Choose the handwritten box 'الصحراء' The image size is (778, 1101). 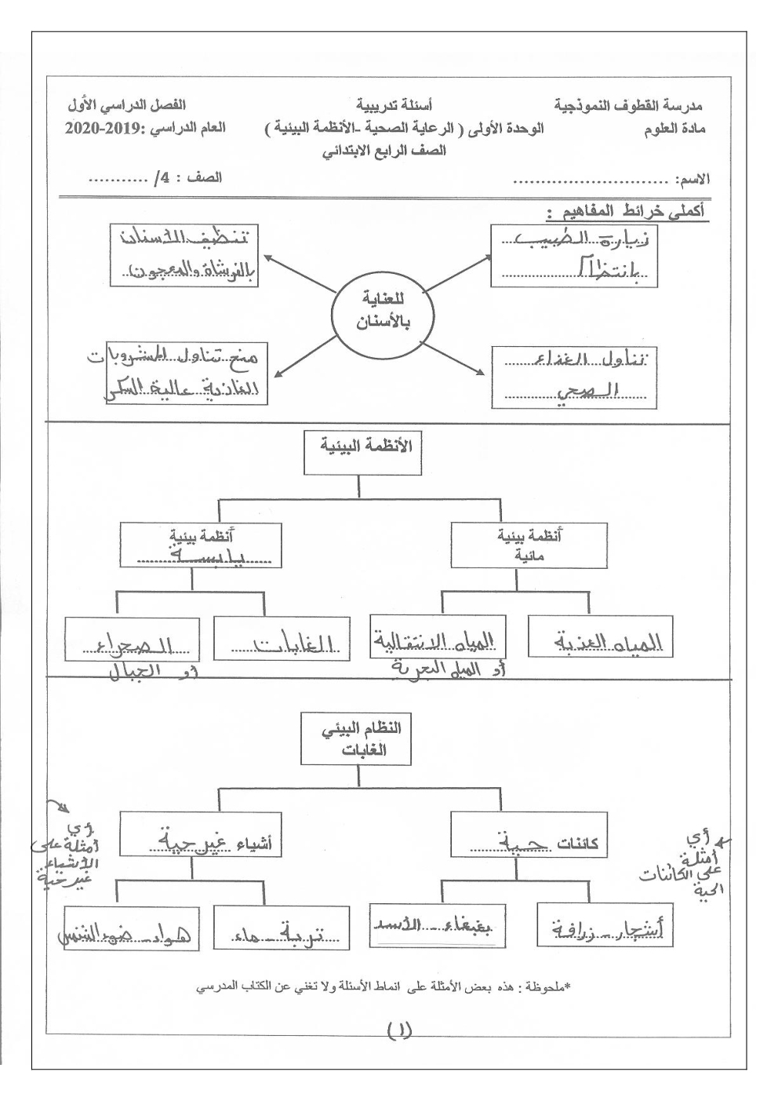(132, 640)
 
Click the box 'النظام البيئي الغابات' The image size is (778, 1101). (355, 738)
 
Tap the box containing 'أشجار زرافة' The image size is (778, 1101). (605, 925)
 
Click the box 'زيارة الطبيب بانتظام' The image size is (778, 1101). (573, 256)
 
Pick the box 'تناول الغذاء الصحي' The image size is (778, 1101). (575, 377)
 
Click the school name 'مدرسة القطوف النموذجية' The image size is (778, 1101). (630, 105)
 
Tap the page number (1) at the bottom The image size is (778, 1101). (399, 1029)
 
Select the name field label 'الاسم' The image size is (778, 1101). (694, 180)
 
